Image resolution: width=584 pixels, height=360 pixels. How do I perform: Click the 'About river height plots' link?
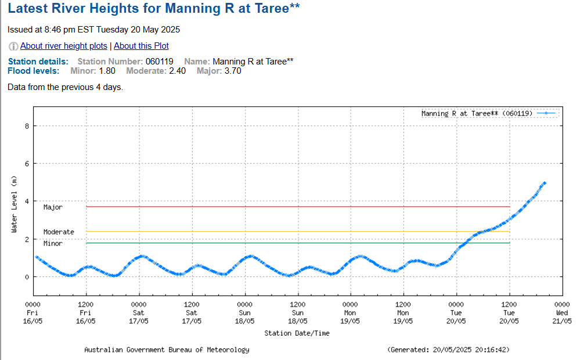(x=64, y=46)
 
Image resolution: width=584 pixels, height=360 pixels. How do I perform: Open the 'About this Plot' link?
(x=141, y=46)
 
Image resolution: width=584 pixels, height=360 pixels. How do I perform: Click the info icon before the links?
(x=13, y=46)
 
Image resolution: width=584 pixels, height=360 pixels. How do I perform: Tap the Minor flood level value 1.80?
(x=107, y=71)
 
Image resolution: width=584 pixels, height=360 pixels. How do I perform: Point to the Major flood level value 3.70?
(x=232, y=71)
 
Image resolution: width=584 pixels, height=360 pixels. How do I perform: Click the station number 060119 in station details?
(x=160, y=61)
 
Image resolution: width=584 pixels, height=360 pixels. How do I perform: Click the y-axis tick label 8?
(x=27, y=126)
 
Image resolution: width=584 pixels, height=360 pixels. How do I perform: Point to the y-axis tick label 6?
(x=27, y=164)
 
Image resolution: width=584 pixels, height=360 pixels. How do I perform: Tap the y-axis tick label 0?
(x=27, y=277)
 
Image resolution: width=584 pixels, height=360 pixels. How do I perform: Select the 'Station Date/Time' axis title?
(x=297, y=333)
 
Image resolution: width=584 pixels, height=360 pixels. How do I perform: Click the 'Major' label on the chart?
(x=53, y=207)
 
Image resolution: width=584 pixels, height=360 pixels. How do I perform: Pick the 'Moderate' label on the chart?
(x=59, y=232)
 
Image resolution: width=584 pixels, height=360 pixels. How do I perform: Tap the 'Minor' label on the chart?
(x=53, y=244)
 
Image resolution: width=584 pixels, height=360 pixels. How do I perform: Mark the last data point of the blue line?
(x=545, y=183)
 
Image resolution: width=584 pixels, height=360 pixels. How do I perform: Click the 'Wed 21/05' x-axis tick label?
(x=562, y=312)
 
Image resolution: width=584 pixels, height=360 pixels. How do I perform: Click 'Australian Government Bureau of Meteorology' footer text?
(x=167, y=350)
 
